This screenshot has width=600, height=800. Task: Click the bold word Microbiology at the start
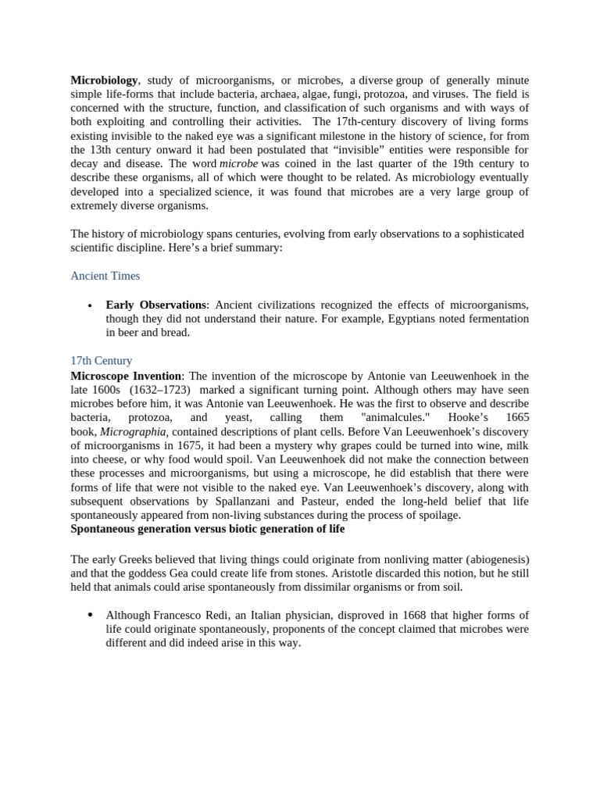[x=105, y=80]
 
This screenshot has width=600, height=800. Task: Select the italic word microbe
[x=238, y=163]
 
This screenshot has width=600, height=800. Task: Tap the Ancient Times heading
[x=105, y=276]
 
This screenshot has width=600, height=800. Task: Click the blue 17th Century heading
[x=101, y=361]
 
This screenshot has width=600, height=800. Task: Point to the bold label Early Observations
[x=156, y=305]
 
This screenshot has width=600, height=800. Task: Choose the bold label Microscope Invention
[x=126, y=376]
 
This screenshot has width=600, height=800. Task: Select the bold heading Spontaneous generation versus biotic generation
[x=208, y=530]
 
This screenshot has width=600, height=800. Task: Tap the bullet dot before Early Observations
[x=91, y=305]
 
